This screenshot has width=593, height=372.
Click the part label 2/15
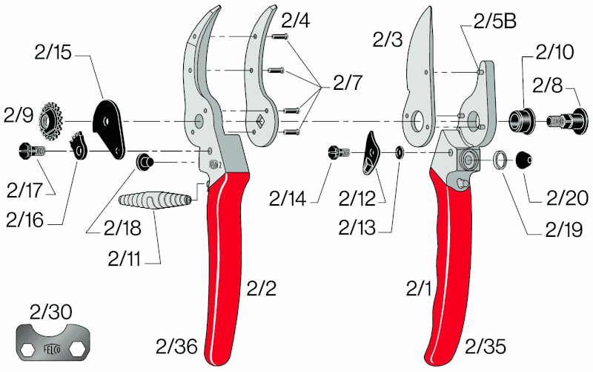coord(53,53)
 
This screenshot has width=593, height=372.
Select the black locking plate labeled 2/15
coord(109,128)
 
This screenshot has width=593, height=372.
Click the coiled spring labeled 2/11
coord(155,200)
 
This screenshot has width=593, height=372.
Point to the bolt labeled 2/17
coord(32,151)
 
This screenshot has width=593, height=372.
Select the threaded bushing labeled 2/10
coord(522,121)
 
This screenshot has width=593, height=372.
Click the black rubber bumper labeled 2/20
coord(525,160)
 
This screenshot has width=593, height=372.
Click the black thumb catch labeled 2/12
coord(371,153)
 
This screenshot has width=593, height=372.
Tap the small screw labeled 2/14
coord(339,153)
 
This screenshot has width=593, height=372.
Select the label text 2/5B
coord(494,22)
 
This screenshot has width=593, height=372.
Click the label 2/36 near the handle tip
coord(176,346)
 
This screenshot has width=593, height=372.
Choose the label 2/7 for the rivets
coord(348,83)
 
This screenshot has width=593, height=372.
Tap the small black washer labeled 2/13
coord(400,153)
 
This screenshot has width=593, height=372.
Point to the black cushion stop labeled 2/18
coord(145,162)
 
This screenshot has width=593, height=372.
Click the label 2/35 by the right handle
coord(486,346)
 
